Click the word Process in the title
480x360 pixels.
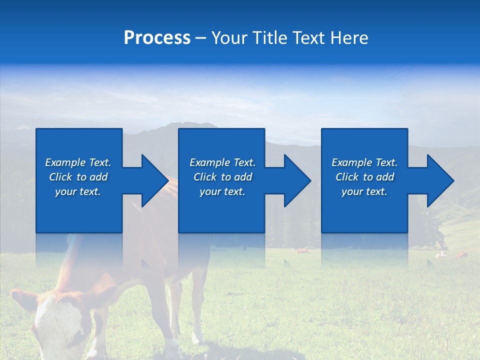tap(157, 38)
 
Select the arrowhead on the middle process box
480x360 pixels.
tap(296, 180)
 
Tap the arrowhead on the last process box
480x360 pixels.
tap(439, 180)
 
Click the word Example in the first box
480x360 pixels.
tap(65, 162)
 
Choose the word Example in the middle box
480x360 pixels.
tap(209, 162)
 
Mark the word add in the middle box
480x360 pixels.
tap(243, 177)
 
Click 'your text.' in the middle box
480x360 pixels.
tap(222, 191)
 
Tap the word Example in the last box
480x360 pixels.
tap(351, 162)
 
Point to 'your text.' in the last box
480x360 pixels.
tap(364, 191)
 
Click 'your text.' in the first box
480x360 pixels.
tap(77, 191)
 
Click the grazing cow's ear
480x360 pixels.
tap(24, 300)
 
